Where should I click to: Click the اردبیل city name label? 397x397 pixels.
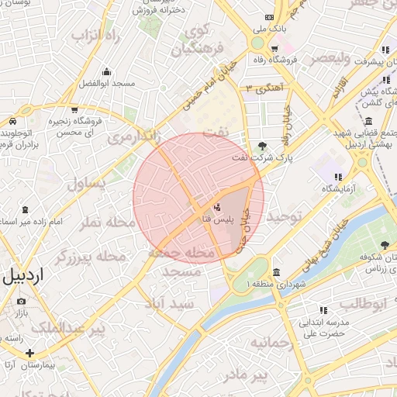(24, 276)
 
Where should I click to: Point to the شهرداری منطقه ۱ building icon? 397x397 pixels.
(277, 272)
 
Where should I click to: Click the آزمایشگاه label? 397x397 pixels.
(338, 188)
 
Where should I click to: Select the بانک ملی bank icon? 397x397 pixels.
(269, 17)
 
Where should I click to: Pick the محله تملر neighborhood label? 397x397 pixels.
(109, 223)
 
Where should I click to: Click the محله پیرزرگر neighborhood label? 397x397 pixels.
(91, 256)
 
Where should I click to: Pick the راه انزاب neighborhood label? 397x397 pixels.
(99, 36)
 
